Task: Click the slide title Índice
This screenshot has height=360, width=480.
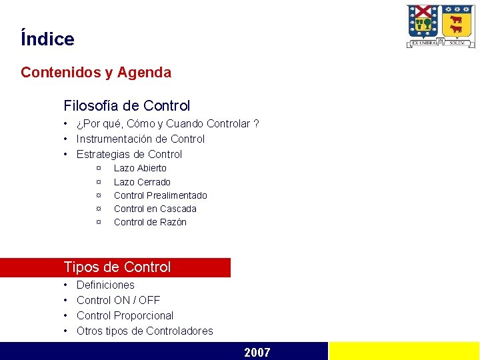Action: (47, 39)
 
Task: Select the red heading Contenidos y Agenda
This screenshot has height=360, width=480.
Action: (96, 73)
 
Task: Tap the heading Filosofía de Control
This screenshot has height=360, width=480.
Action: (127, 105)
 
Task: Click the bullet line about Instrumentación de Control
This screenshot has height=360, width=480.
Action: (140, 139)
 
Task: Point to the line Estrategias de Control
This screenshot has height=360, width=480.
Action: (129, 154)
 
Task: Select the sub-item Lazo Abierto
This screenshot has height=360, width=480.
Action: (140, 168)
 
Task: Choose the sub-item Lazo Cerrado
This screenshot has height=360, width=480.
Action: (142, 182)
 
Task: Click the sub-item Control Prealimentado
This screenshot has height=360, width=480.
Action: (160, 195)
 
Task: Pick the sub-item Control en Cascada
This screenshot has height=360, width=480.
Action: (155, 209)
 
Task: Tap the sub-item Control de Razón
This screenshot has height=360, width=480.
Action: (150, 222)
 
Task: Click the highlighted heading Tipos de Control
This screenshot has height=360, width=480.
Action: (117, 267)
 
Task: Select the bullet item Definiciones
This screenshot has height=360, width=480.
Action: (105, 285)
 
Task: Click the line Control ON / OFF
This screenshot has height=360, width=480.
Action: (118, 300)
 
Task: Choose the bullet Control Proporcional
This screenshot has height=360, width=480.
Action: (125, 315)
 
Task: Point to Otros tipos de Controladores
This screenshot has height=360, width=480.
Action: (145, 331)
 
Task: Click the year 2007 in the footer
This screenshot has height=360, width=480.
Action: (257, 352)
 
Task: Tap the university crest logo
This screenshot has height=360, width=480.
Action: (441, 26)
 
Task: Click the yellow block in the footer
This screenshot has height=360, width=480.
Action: (404, 351)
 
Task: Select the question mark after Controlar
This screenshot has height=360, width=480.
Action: (257, 123)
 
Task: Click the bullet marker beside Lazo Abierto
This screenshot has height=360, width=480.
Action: (99, 168)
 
